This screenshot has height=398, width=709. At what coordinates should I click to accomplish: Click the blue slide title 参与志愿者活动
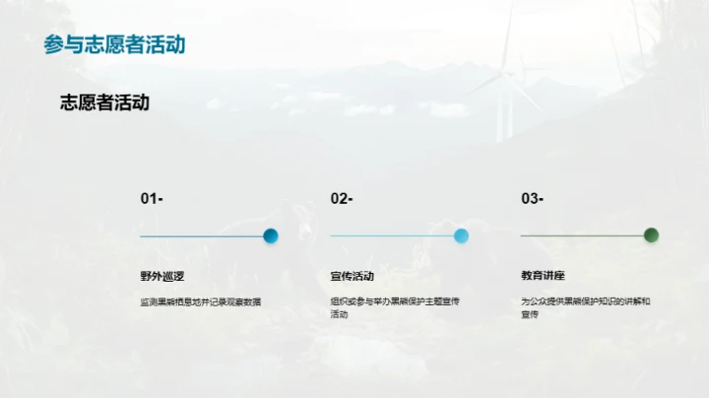tap(114, 44)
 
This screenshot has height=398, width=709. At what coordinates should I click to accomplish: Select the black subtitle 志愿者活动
tap(104, 101)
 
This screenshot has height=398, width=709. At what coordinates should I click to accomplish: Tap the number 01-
tap(152, 199)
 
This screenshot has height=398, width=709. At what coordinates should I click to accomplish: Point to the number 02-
tap(342, 199)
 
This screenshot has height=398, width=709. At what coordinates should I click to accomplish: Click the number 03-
tap(532, 199)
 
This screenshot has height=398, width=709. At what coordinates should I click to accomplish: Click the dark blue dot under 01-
tap(271, 235)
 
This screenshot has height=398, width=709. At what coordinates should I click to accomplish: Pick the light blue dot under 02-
tap(461, 235)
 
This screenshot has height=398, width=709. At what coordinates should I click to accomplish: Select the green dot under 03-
tap(651, 235)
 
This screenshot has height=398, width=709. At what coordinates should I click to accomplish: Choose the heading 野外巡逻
tap(162, 276)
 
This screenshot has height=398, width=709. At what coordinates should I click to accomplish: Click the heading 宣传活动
tap(353, 276)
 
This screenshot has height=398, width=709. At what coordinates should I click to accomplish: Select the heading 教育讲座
tap(543, 276)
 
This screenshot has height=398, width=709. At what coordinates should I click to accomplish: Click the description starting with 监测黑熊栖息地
tap(201, 301)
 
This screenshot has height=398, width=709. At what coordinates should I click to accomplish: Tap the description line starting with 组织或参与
tap(395, 301)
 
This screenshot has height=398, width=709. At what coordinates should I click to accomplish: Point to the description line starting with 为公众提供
tap(585, 301)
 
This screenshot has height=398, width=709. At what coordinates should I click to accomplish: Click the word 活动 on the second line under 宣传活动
tap(340, 314)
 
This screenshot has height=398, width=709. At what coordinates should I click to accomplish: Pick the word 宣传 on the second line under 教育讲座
tap(530, 314)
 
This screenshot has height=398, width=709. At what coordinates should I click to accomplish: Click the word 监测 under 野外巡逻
tap(148, 301)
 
